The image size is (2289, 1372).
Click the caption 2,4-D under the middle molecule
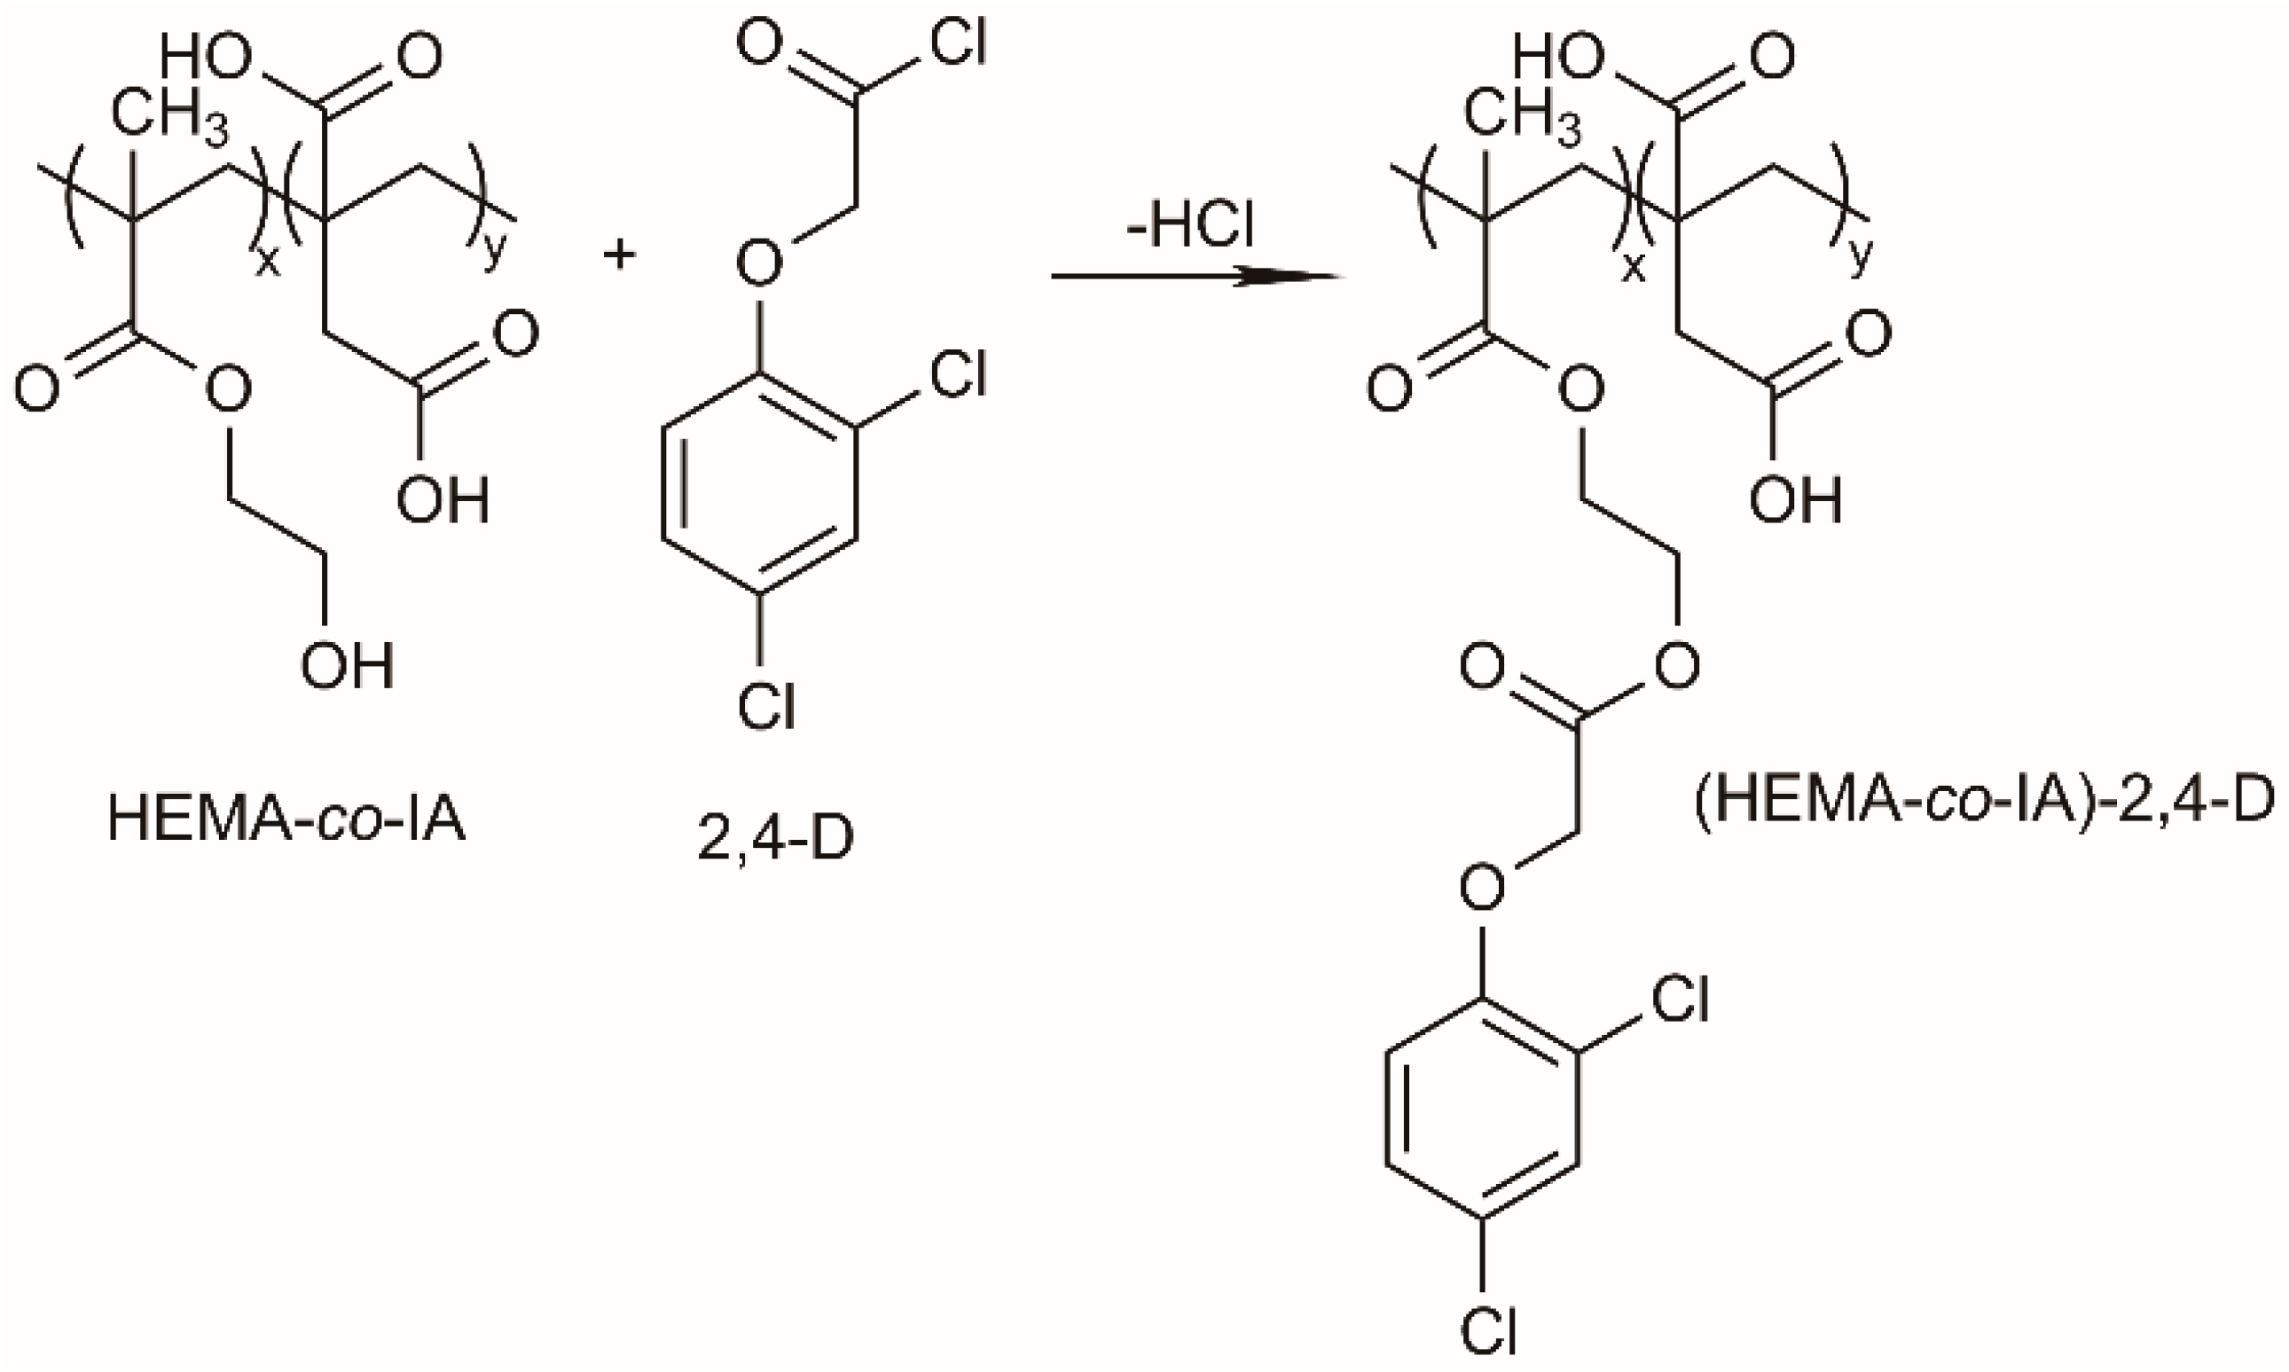775,840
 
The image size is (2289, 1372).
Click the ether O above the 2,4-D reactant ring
759,264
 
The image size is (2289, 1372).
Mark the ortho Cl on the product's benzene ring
1680,1000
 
